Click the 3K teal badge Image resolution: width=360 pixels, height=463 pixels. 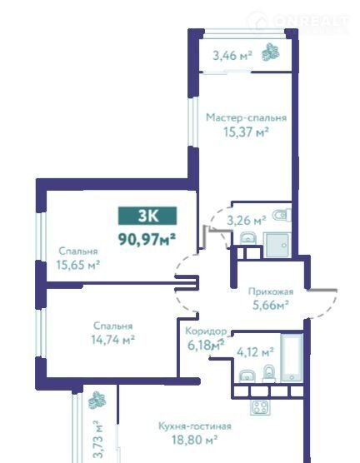pyautogui.click(x=147, y=216)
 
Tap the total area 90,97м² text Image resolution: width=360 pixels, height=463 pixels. pyautogui.click(x=147, y=239)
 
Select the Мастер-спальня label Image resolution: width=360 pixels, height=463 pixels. pyautogui.click(x=246, y=117)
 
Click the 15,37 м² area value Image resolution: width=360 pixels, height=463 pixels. pyautogui.click(x=246, y=132)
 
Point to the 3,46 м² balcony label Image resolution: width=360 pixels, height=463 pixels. pyautogui.click(x=232, y=56)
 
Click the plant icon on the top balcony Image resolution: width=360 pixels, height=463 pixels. pyautogui.click(x=271, y=52)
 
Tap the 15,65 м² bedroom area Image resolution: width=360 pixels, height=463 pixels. pyautogui.click(x=77, y=265)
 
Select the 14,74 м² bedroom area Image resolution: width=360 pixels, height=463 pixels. pyautogui.click(x=112, y=340)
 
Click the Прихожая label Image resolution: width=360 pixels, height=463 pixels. pyautogui.click(x=271, y=291)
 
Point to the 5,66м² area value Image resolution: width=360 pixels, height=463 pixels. pyautogui.click(x=271, y=305)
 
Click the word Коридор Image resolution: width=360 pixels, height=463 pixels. pyautogui.click(x=206, y=331)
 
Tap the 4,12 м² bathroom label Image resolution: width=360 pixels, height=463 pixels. pyautogui.click(x=255, y=352)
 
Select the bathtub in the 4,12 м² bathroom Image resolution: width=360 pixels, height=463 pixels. pyautogui.click(x=292, y=357)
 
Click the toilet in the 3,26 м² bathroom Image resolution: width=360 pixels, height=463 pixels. pyautogui.click(x=282, y=215)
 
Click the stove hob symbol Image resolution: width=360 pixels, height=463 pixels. pyautogui.click(x=260, y=408)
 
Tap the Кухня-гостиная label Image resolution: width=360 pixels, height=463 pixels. pyautogui.click(x=195, y=426)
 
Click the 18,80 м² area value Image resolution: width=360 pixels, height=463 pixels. pyautogui.click(x=195, y=440)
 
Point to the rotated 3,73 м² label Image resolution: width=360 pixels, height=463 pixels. pyautogui.click(x=97, y=440)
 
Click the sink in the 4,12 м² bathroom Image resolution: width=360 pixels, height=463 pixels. pyautogui.click(x=247, y=376)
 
